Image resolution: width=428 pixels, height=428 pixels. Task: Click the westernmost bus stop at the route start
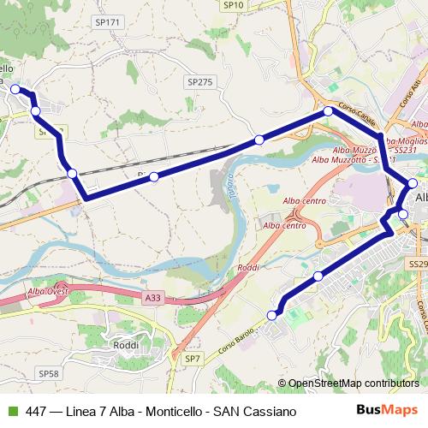click(x=15, y=88)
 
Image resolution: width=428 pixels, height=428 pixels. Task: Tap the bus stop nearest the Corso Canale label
click(x=327, y=112)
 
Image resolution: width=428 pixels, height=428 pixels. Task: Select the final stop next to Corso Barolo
click(x=273, y=316)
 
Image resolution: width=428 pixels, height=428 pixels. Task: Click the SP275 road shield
click(x=198, y=82)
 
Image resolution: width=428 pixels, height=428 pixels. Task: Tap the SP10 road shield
click(x=234, y=5)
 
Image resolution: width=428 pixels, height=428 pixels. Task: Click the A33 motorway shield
click(x=152, y=298)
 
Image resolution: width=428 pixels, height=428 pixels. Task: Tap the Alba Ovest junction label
click(x=48, y=291)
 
